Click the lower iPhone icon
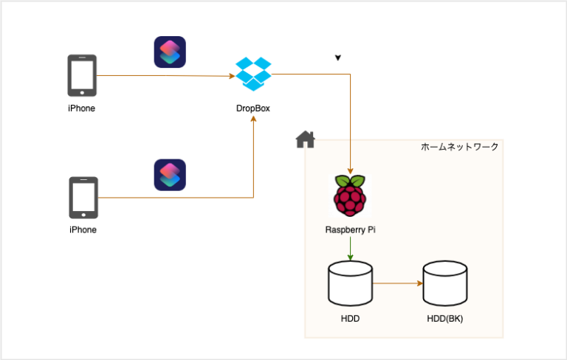pyautogui.click(x=83, y=198)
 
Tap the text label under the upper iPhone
pyautogui.click(x=82, y=108)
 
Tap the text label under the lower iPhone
pyautogui.click(x=83, y=229)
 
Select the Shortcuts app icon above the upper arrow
pyautogui.click(x=170, y=52)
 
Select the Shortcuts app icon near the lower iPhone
pyautogui.click(x=170, y=175)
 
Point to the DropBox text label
pyautogui.click(x=253, y=108)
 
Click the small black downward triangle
pyautogui.click(x=337, y=58)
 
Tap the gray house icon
pyautogui.click(x=305, y=139)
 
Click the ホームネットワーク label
pyautogui.click(x=459, y=147)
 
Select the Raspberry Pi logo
pyautogui.click(x=350, y=196)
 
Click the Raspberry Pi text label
pyautogui.click(x=351, y=229)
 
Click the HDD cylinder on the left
pyautogui.click(x=350, y=283)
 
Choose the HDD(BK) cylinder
pyautogui.click(x=444, y=283)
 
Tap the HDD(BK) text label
pyautogui.click(x=444, y=319)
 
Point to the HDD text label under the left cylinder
pyautogui.click(x=350, y=319)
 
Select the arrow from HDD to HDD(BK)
pyautogui.click(x=397, y=283)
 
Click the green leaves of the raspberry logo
pyautogui.click(x=350, y=181)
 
